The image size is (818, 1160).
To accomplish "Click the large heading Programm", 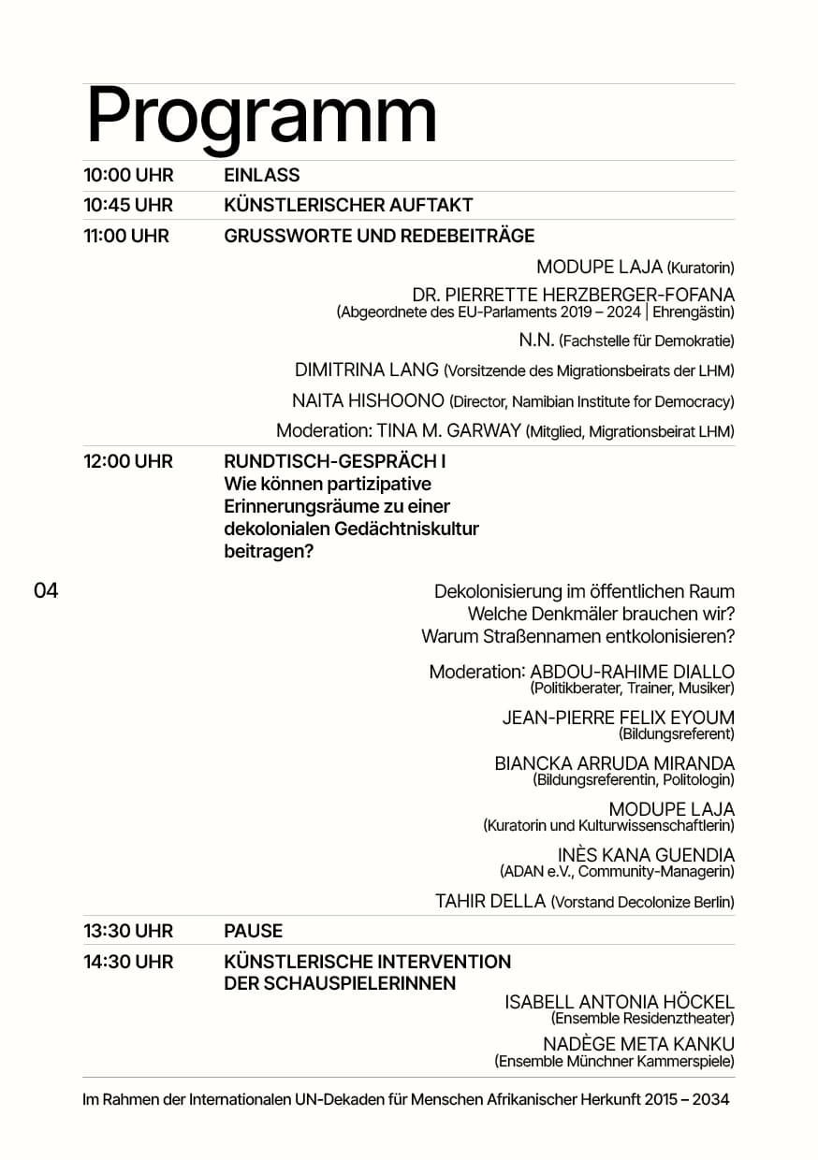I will (261, 117).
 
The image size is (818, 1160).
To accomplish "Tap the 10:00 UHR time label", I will (127, 175).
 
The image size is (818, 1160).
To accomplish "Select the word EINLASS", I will (262, 175).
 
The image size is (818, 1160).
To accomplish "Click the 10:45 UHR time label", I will (127, 205).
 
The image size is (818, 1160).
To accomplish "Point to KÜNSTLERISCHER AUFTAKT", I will (348, 205).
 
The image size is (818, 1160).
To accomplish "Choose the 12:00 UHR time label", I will (127, 461).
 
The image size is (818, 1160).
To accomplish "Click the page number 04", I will (46, 590).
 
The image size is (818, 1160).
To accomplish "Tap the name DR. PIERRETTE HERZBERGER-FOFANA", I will (573, 296).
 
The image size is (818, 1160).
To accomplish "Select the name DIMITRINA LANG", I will (367, 370).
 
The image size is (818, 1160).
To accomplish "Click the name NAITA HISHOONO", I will (368, 401).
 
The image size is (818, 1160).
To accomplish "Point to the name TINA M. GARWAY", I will (448, 431).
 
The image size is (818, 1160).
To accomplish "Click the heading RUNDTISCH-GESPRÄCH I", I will (334, 461).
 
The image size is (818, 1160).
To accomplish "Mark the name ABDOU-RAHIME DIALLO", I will (632, 672).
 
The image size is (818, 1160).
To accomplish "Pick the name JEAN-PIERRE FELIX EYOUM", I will (618, 718).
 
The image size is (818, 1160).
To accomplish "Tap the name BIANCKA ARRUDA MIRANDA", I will (614, 763).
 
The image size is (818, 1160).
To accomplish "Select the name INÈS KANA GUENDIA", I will (646, 855).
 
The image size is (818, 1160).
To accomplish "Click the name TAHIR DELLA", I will (490, 902).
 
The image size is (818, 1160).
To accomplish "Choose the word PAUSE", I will (253, 931).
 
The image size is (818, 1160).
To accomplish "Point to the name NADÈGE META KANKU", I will (638, 1044).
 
